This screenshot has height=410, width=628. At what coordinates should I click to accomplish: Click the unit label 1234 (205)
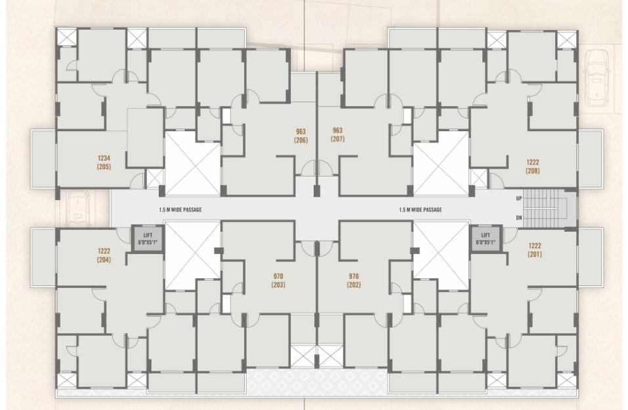click(x=104, y=162)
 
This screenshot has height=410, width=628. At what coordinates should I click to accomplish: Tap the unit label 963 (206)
click(x=301, y=136)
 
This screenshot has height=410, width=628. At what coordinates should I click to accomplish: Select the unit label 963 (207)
click(x=338, y=134)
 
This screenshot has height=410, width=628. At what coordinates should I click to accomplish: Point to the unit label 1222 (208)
click(x=533, y=166)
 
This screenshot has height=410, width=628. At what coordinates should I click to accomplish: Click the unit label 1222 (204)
click(x=104, y=255)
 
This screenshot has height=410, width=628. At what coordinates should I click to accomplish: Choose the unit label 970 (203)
click(x=278, y=280)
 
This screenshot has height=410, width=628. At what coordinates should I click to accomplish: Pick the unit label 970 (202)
click(x=354, y=280)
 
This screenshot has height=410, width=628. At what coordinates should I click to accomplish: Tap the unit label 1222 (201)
click(x=535, y=250)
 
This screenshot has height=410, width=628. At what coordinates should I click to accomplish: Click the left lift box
click(x=148, y=239)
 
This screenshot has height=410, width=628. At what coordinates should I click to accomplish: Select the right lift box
click(x=486, y=239)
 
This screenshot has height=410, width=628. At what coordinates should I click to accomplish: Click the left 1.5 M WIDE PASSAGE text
click(x=180, y=210)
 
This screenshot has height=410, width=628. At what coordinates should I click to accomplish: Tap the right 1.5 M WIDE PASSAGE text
click(x=421, y=210)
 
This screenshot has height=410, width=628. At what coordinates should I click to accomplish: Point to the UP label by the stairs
click(x=519, y=199)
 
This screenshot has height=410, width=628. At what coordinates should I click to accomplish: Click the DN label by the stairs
click(x=519, y=218)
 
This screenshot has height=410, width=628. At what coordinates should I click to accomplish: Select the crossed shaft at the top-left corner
click(x=67, y=37)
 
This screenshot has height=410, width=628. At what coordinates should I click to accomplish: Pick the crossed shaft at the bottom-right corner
click(x=567, y=380)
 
